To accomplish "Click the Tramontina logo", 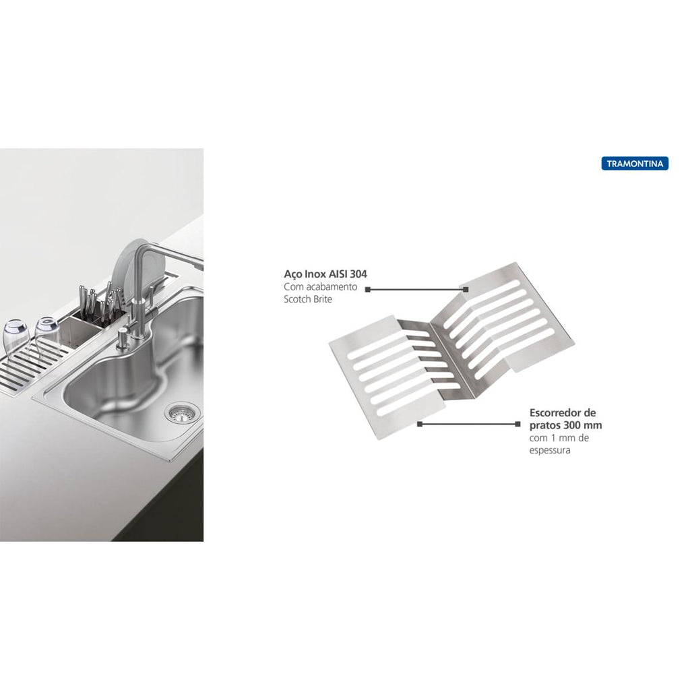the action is coord(635,164).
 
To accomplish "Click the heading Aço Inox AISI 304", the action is coord(325,274).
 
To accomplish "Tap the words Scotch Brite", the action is coord(307,299).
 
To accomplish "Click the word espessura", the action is coord(550,451).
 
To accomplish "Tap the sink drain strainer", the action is coord(182,414).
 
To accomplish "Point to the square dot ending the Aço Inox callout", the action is coord(466,290).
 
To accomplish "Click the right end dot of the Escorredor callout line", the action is coord(517,425).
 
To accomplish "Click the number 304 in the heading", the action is coord(358,274).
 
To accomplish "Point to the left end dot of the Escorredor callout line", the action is coord(420,425).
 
